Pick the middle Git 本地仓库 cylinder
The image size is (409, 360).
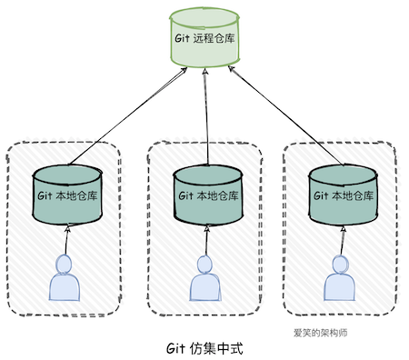click(x=208, y=196)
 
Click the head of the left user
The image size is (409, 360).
click(x=65, y=265)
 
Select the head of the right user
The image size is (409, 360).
click(x=338, y=265)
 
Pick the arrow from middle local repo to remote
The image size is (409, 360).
click(x=207, y=122)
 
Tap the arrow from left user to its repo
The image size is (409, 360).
click(x=66, y=239)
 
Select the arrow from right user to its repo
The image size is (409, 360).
click(x=341, y=239)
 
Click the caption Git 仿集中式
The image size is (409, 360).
click(x=205, y=348)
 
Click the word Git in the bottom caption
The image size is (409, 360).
click(x=175, y=348)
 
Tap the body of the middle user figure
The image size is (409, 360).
click(x=204, y=288)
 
